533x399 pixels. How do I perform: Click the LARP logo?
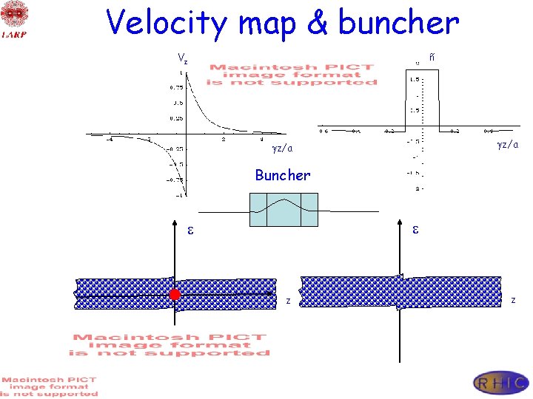click(14, 19)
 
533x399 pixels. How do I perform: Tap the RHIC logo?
click(500, 382)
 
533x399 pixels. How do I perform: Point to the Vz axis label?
click(182, 58)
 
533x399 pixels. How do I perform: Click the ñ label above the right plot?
click(432, 57)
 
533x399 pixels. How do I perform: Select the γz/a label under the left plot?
click(282, 149)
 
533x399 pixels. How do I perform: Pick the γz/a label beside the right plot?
click(507, 144)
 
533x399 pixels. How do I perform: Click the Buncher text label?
click(282, 175)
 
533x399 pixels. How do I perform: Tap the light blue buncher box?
click(283, 209)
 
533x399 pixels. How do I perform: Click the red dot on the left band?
click(175, 295)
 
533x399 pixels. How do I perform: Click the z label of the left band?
click(288, 300)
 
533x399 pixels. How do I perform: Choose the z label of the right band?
click(514, 299)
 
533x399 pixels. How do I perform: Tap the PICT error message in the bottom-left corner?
click(49, 386)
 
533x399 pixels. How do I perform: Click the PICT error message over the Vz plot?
click(292, 75)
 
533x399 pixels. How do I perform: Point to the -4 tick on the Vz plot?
click(110, 139)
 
